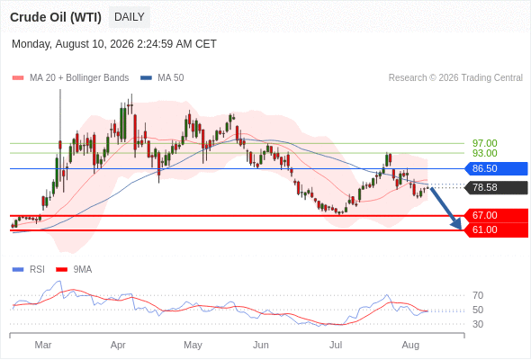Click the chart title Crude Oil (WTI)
[x=56, y=17]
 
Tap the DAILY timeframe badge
[x=130, y=17]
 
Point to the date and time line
[x=114, y=44]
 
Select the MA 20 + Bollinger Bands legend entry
[x=70, y=78]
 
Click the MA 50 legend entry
[x=162, y=78]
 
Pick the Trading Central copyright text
[x=455, y=78]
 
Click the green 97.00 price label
[x=484, y=143]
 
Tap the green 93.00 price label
[x=484, y=153]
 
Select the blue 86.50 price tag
[x=496, y=168]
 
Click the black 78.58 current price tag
[x=496, y=187]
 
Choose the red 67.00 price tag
[x=496, y=215]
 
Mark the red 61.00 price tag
[x=496, y=230]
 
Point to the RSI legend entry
[x=29, y=270]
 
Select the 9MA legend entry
[x=74, y=270]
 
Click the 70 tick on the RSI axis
[x=478, y=296]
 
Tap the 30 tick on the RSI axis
[x=478, y=324]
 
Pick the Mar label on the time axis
[x=43, y=345]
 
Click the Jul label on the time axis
[x=336, y=345]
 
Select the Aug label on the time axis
[x=410, y=345]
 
